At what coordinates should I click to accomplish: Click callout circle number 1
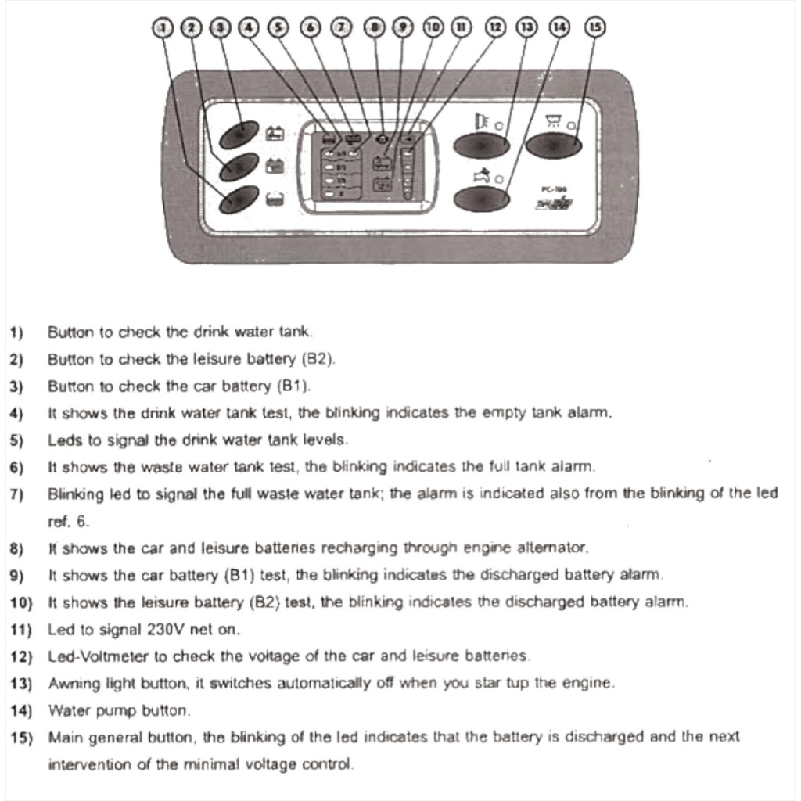tap(163, 27)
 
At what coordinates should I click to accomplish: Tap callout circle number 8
tap(376, 27)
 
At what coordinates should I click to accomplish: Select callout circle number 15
tap(595, 27)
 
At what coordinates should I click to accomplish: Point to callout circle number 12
tap(495, 27)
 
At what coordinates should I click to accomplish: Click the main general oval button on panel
tap(553, 145)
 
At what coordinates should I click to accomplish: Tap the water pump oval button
tap(482, 199)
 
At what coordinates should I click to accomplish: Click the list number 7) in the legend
tap(16, 494)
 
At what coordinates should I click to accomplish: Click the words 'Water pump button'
tap(118, 710)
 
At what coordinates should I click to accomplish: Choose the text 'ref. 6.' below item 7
tap(66, 520)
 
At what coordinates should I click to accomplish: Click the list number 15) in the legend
tap(20, 737)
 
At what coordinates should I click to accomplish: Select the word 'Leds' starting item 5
tap(62, 440)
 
